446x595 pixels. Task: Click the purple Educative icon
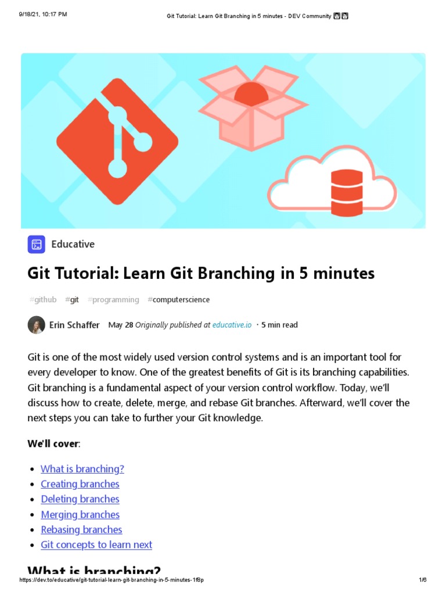click(x=36, y=245)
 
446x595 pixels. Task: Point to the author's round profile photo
click(x=36, y=325)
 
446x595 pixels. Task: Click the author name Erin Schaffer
click(x=74, y=325)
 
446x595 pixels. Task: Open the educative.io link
click(x=232, y=325)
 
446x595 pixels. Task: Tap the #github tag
click(x=43, y=300)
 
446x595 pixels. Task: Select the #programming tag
click(x=113, y=300)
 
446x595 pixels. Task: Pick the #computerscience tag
click(x=178, y=300)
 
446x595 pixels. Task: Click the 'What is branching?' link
click(x=82, y=469)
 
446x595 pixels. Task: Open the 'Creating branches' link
click(x=80, y=484)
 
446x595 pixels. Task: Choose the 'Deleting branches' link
click(x=80, y=499)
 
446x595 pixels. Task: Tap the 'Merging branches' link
click(x=80, y=514)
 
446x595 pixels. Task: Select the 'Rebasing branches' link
click(x=81, y=529)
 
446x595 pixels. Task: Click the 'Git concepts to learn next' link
click(x=96, y=544)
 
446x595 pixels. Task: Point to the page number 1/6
click(x=422, y=580)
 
